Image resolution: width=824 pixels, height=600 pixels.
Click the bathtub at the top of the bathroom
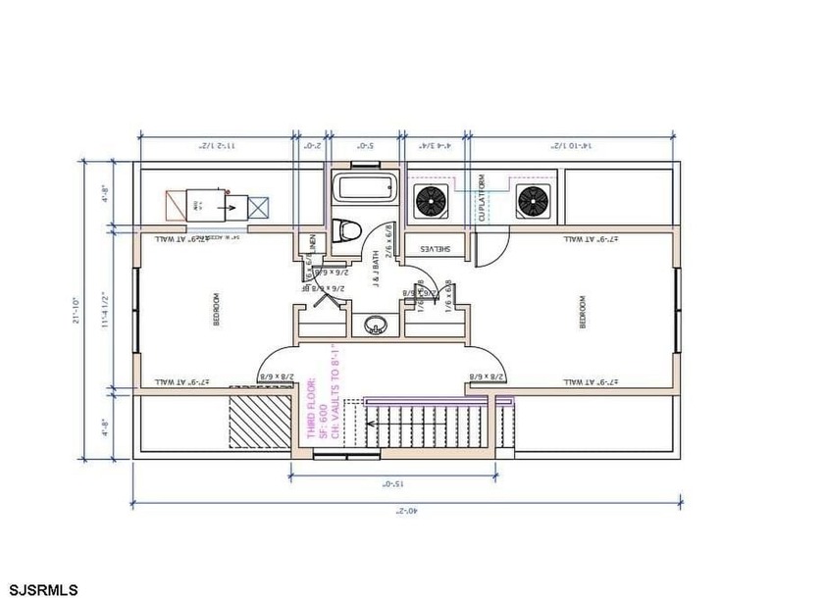pos(364,186)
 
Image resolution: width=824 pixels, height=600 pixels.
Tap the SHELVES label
pos(434,250)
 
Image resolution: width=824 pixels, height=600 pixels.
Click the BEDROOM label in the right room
pos(582,311)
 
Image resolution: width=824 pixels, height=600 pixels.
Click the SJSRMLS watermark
pos(39,589)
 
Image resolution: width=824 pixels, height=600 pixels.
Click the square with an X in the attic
pos(258,207)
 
